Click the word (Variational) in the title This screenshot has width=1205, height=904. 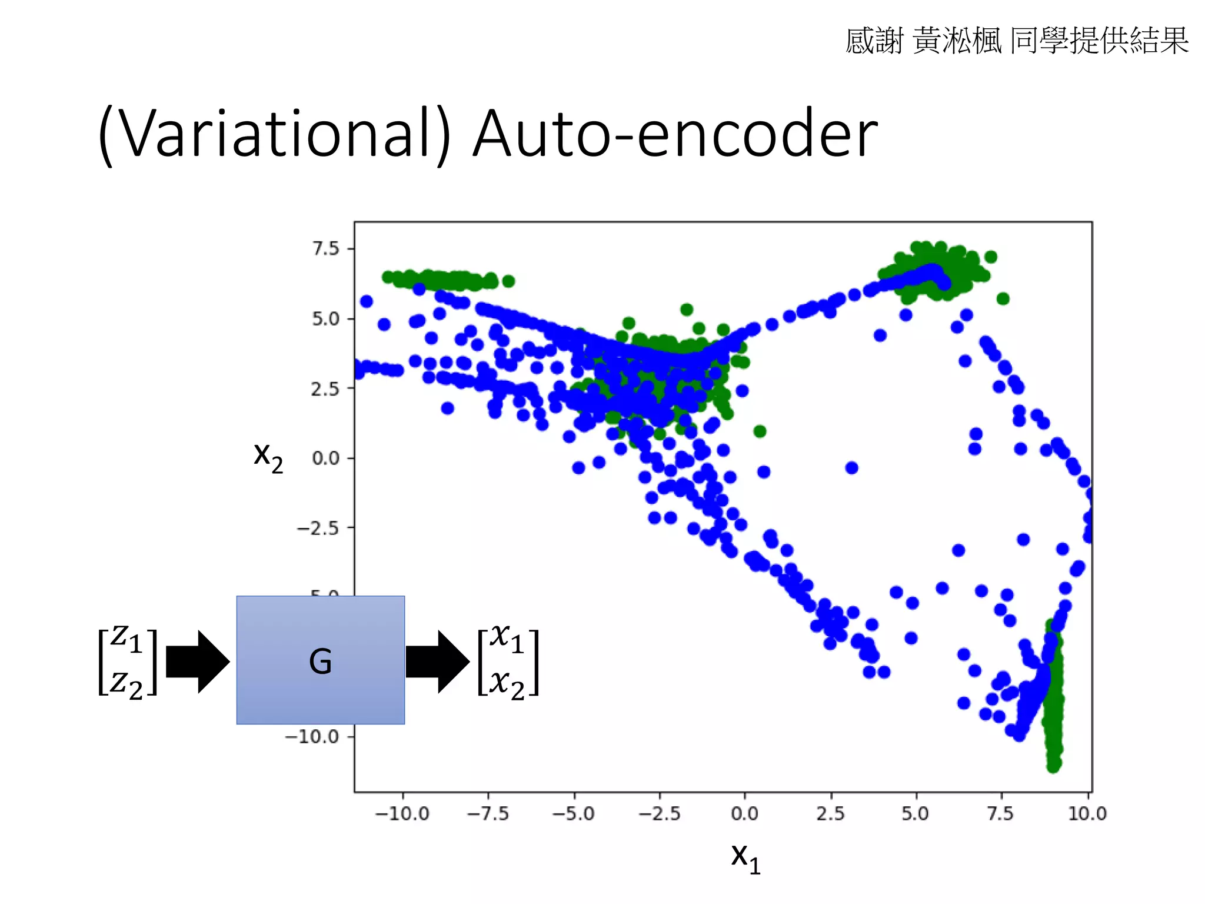click(274, 134)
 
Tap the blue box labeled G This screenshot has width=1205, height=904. click(320, 660)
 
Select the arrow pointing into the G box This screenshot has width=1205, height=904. click(197, 662)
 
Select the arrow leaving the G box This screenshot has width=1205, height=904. click(437, 662)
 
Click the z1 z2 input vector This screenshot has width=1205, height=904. click(128, 662)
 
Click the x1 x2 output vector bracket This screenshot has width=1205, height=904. click(508, 662)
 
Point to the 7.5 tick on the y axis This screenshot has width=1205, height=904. click(326, 249)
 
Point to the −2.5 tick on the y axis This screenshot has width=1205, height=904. click(318, 528)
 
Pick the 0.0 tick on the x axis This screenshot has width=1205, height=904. click(744, 813)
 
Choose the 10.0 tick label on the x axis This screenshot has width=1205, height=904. click(1087, 813)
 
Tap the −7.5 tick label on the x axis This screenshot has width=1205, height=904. click(488, 813)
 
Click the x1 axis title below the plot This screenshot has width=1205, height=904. click(745, 858)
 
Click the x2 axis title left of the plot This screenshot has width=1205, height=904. click(268, 456)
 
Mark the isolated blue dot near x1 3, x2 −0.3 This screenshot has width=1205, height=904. click(851, 468)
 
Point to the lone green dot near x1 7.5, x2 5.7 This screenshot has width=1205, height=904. click(1003, 299)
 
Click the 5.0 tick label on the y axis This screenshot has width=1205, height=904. click(326, 319)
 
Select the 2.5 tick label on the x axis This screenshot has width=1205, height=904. click(830, 813)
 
